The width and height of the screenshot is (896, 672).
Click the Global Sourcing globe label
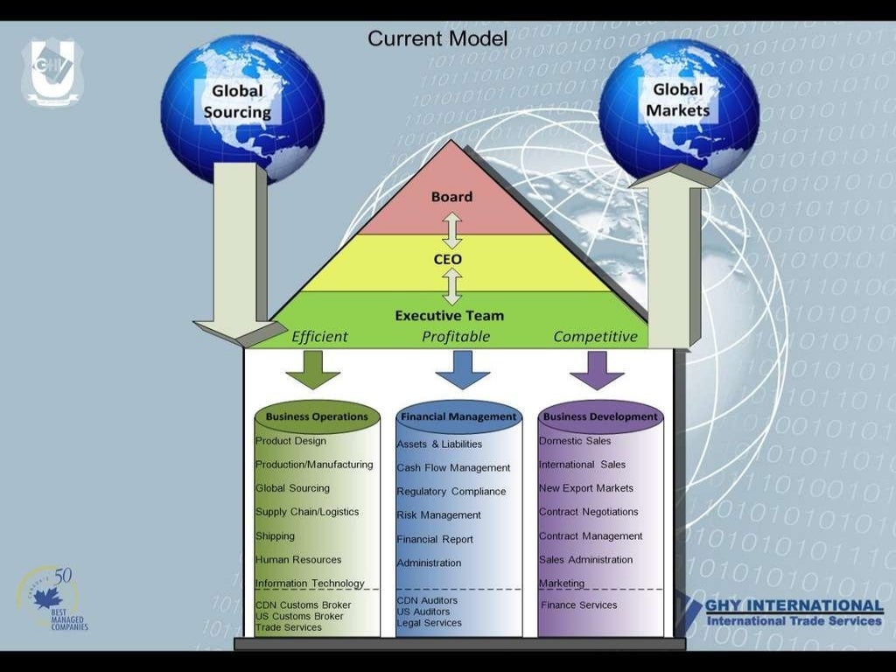tap(237, 101)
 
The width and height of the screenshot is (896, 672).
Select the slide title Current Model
tap(437, 38)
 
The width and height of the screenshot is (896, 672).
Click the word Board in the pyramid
tap(451, 197)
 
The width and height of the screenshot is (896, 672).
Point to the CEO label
tap(448, 259)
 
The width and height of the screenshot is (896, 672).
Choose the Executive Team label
tap(449, 315)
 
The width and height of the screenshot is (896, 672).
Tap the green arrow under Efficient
tap(312, 368)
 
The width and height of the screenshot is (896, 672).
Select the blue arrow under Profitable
tap(462, 368)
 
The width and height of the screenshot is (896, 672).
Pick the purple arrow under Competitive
tap(597, 368)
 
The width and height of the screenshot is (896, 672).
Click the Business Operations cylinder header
tap(317, 417)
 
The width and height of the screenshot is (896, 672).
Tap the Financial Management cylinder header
tap(458, 417)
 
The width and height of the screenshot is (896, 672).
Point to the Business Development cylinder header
tap(599, 417)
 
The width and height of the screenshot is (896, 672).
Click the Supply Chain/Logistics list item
tap(307, 512)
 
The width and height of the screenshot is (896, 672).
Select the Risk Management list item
tap(438, 515)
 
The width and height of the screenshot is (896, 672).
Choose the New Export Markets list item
tap(586, 488)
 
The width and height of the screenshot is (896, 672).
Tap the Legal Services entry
tap(429, 623)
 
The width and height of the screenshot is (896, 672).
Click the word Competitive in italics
tap(595, 337)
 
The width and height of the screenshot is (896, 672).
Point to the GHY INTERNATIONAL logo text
tap(794, 605)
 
